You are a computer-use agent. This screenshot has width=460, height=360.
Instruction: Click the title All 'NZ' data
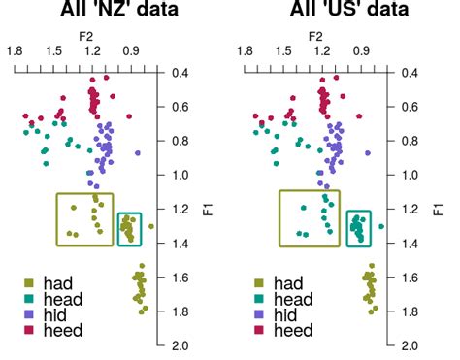88,11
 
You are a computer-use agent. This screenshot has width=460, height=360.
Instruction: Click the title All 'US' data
316,11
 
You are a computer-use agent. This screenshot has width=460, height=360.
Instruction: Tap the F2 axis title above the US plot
315,36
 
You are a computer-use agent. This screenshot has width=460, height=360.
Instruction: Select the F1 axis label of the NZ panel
208,208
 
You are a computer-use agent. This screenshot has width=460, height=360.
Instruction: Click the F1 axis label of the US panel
438,208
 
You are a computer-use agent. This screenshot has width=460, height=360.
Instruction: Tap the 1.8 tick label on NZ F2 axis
15,50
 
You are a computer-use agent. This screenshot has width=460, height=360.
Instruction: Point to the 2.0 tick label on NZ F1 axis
180,345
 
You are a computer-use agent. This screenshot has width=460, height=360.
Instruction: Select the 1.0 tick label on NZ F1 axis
180,176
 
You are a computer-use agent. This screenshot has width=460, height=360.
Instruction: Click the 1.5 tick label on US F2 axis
282,50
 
